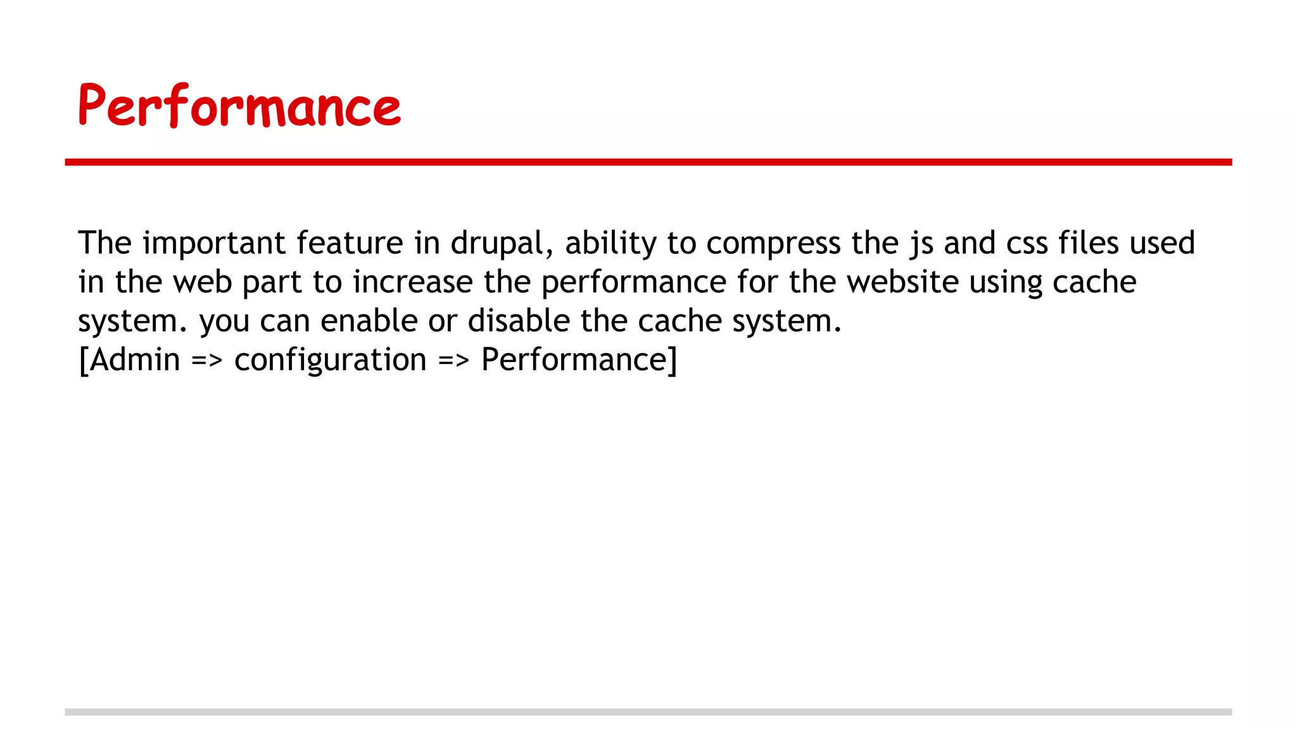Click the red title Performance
point(239,106)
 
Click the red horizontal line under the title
point(648,163)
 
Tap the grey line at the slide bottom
point(648,712)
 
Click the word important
point(214,244)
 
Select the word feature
point(350,243)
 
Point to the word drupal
point(497,244)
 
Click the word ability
point(611,244)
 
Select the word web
point(203,282)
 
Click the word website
point(902,282)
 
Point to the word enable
point(369,321)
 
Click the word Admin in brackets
point(135,360)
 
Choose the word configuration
point(330,361)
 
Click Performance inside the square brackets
point(574,360)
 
